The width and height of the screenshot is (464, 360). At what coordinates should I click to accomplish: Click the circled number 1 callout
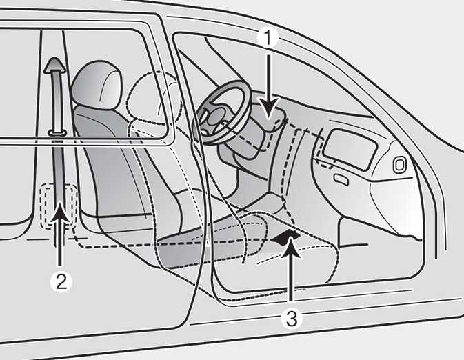point(268,38)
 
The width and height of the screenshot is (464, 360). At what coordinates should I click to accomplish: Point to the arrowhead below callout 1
point(268,109)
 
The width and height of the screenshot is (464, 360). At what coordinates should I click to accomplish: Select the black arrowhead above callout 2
point(61,212)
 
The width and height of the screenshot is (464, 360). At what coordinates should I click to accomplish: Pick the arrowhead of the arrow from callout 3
point(291,248)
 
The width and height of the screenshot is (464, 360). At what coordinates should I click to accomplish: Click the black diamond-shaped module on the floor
point(285,237)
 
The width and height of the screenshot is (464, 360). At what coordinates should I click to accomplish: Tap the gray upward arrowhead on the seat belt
point(54,65)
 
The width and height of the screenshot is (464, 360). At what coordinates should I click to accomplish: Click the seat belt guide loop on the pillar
point(57,132)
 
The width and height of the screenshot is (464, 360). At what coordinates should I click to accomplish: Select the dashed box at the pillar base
point(59,206)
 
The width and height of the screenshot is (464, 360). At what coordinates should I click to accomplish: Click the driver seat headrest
point(97,85)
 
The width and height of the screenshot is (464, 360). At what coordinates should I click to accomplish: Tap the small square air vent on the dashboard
point(400,165)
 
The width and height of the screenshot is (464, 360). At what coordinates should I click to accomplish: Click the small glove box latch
point(341,179)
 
